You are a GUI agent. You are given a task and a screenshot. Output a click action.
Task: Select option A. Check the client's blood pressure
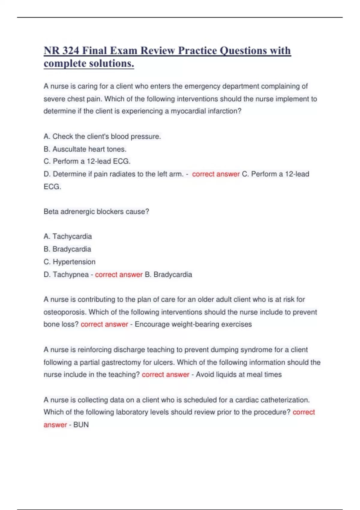coord(102,136)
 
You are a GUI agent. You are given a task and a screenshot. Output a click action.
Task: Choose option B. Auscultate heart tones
coord(85,149)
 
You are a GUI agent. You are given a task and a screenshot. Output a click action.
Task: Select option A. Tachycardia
coord(67,236)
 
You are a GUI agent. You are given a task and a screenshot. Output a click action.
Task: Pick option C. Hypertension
coord(69,262)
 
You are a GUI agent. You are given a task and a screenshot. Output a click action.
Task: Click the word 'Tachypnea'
coord(70,274)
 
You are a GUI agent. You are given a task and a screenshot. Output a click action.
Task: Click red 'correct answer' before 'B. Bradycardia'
coord(118,274)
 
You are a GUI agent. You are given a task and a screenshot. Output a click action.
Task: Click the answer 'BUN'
coord(81,425)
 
